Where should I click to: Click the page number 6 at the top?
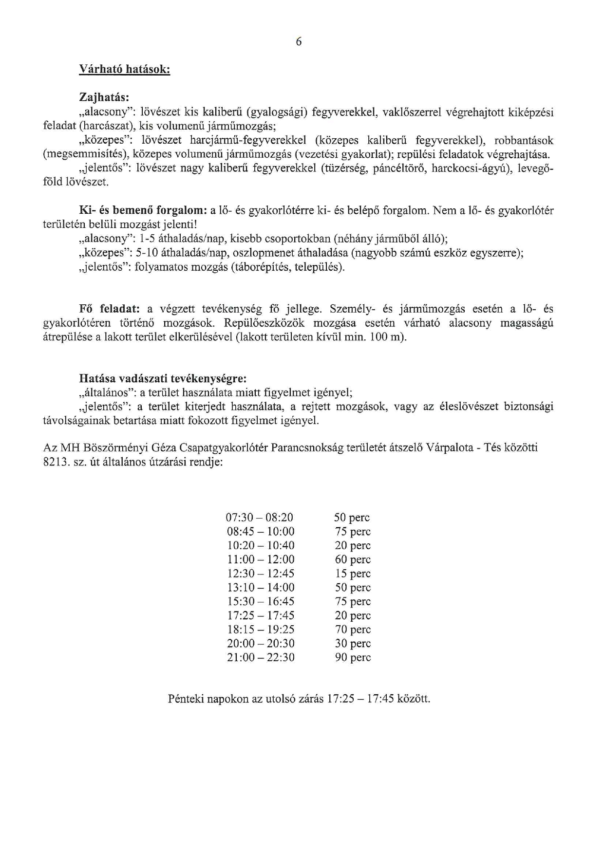pos(299,42)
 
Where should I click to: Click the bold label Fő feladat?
pos(110,309)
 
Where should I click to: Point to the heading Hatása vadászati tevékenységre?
pos(163,378)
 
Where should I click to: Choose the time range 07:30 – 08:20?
pos(260,518)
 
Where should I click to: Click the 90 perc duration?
pos(353,658)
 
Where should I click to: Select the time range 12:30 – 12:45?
pos(261,574)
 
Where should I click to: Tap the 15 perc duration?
pos(353,574)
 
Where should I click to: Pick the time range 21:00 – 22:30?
pos(261,658)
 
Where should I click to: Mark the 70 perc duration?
pos(353,630)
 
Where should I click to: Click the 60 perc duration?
pos(353,559)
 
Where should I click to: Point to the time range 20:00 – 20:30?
pos(261,644)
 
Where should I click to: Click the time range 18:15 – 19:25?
pos(261,630)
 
